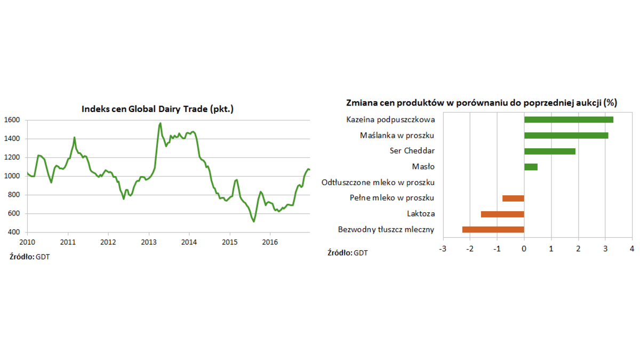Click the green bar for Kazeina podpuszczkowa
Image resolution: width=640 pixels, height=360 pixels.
pyautogui.click(x=569, y=119)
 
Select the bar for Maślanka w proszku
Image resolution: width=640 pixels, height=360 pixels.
pyautogui.click(x=566, y=135)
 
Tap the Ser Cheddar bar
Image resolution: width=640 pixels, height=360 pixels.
pyautogui.click(x=550, y=151)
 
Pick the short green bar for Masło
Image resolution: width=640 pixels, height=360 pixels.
pyautogui.click(x=531, y=167)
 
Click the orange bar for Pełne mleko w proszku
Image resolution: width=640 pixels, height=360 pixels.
pyautogui.click(x=513, y=198)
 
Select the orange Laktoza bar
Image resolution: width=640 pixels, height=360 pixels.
pyautogui.click(x=502, y=214)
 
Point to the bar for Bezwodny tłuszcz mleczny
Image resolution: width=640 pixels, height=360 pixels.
pyautogui.click(x=493, y=230)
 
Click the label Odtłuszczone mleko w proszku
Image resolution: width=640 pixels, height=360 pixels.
pyautogui.click(x=378, y=182)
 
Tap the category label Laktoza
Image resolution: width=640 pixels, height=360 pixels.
pyautogui.click(x=420, y=214)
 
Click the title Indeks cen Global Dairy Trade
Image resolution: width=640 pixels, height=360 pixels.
pyautogui.click(x=157, y=109)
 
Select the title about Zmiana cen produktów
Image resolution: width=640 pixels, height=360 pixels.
pyautogui.click(x=489, y=102)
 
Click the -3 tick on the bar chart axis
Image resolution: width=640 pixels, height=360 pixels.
pyautogui.click(x=442, y=249)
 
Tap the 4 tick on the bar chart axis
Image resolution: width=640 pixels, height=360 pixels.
pyautogui.click(x=632, y=249)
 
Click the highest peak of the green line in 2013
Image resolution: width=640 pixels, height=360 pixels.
pyautogui.click(x=161, y=123)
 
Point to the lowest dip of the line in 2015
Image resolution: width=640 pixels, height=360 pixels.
pyautogui.click(x=254, y=221)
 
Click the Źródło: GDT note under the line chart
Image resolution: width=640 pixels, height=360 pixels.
pyautogui.click(x=30, y=257)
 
